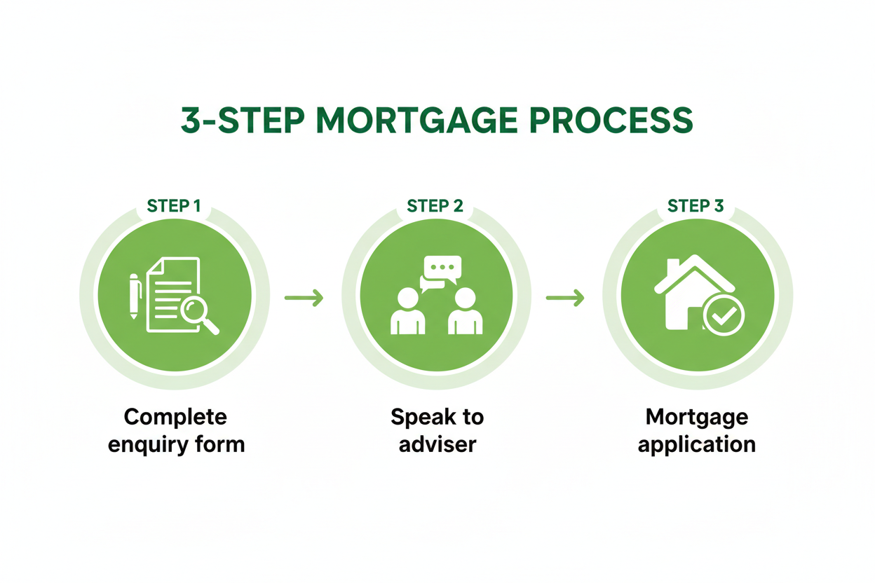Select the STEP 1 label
[x=174, y=206]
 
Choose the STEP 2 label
[x=435, y=206]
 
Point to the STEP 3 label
[x=696, y=206]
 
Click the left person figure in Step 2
[x=407, y=313]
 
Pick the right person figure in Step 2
[x=465, y=313]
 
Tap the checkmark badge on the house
[x=724, y=316]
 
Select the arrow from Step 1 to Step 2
[x=304, y=298]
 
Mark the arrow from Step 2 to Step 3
[x=565, y=298]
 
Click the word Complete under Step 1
[x=175, y=418]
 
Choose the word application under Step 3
[x=697, y=444]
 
